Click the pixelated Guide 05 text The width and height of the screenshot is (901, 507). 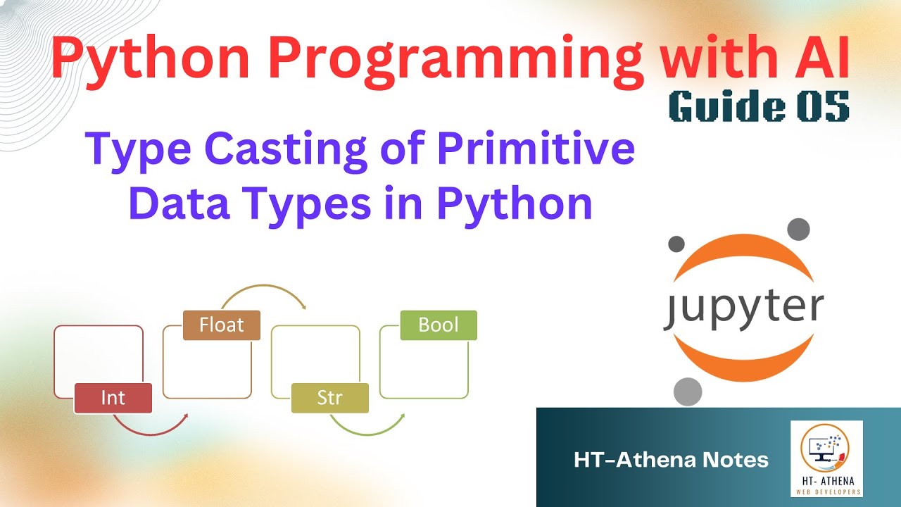759,106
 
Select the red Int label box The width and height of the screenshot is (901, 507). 113,398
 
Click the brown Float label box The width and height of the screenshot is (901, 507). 221,325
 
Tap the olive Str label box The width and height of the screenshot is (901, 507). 329,398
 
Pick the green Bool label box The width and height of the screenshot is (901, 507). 438,325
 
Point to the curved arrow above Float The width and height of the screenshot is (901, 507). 263,291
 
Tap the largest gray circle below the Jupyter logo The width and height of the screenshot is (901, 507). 688,392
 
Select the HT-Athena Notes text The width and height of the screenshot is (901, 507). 671,461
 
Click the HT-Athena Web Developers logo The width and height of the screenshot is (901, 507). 826,458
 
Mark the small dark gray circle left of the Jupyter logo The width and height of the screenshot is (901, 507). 676,244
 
